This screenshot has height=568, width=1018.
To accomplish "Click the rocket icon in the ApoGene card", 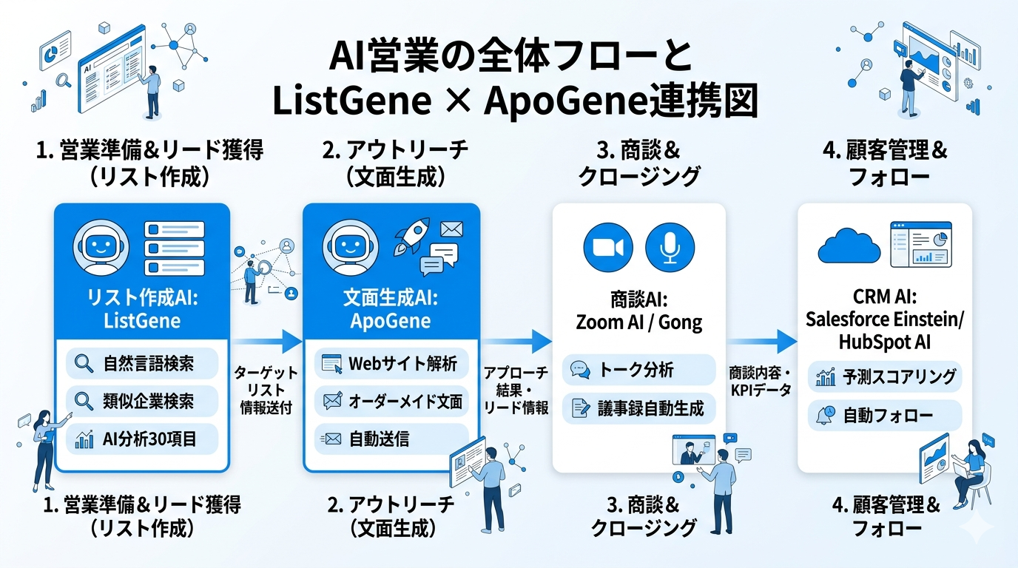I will [408, 235].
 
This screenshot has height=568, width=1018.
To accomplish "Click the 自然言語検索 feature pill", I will [142, 363].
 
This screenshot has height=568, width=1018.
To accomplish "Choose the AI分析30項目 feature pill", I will [142, 439].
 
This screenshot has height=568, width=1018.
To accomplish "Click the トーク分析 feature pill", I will [638, 371].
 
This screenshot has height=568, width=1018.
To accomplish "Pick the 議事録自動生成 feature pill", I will [638, 408].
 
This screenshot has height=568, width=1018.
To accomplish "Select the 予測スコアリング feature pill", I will [885, 377].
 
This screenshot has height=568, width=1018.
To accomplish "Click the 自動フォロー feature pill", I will [885, 416].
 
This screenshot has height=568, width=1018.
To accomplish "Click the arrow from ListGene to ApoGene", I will [266, 341].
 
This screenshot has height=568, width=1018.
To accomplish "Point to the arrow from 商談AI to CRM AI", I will [761, 341].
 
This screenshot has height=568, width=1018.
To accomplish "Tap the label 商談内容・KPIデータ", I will [761, 379].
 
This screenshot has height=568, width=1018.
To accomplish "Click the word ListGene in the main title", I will [352, 101].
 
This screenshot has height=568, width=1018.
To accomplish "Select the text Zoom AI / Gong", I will [638, 322].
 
